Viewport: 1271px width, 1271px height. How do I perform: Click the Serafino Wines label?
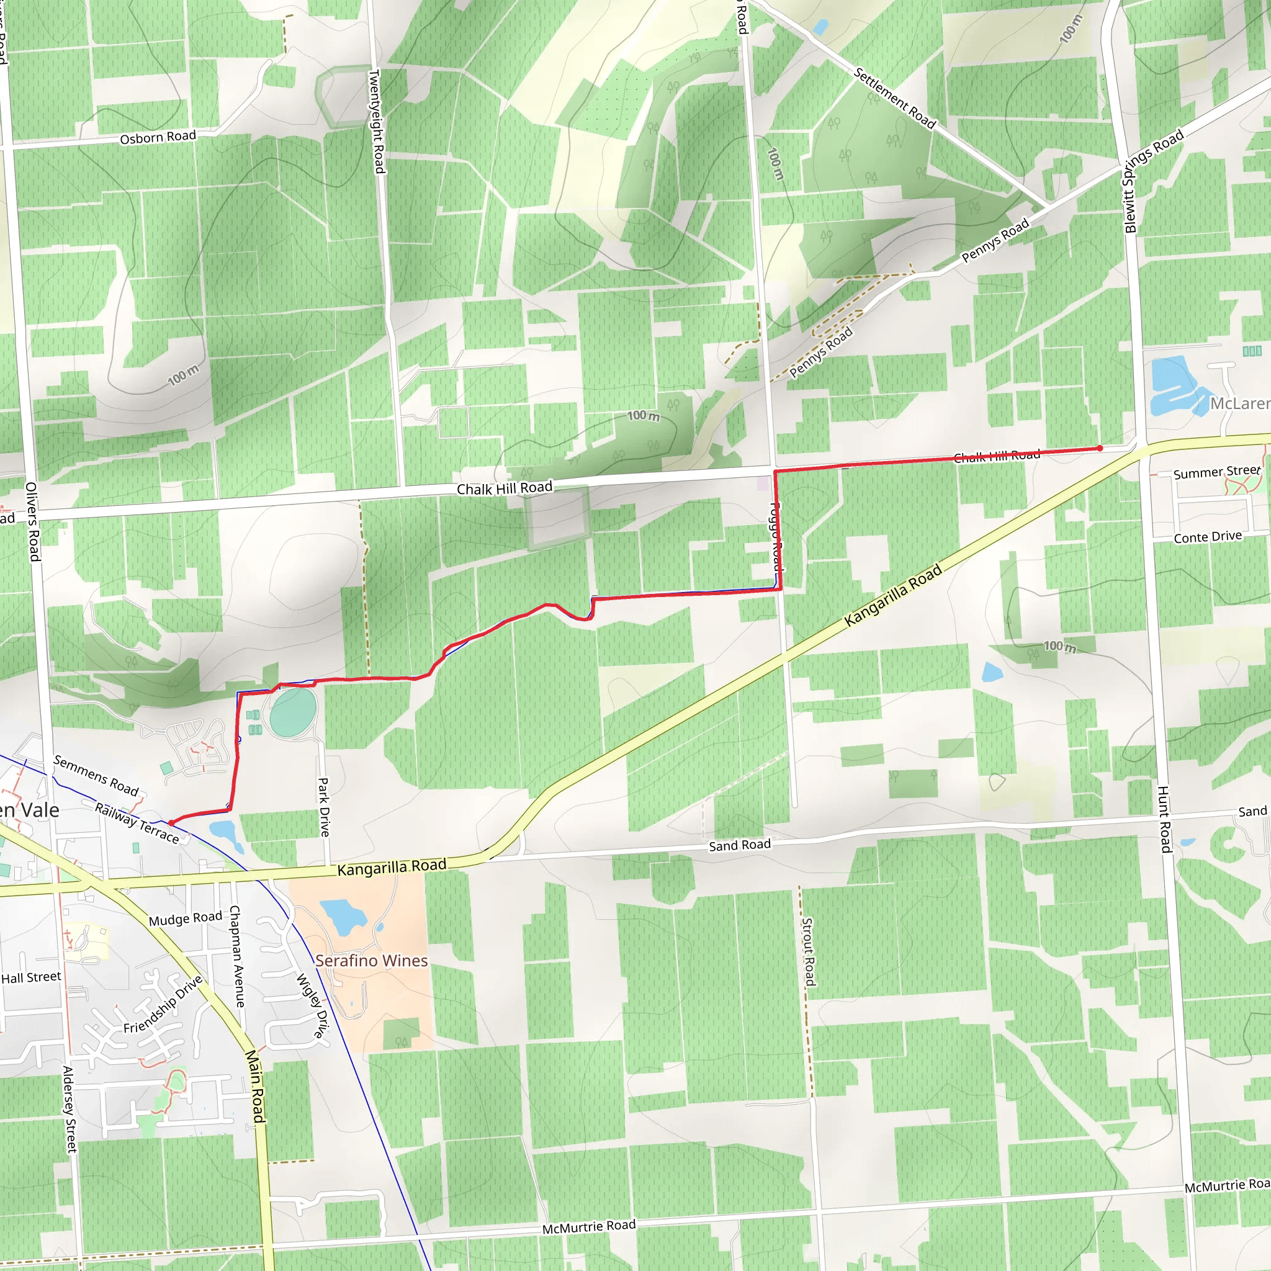[x=371, y=961]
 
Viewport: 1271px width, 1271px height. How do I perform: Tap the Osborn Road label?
[x=158, y=137]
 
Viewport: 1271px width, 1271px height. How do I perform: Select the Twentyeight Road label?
[x=375, y=122]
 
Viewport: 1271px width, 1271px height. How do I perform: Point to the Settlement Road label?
[x=894, y=98]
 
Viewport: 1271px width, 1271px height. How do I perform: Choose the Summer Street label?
[x=1216, y=472]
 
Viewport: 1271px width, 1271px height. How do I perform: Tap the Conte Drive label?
[x=1208, y=537]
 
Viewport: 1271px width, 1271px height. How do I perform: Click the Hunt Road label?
[x=1164, y=819]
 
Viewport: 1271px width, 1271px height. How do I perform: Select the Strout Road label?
[x=809, y=951]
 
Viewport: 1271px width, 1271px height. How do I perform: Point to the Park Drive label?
[x=324, y=807]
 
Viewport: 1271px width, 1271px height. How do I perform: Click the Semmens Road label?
[x=96, y=775]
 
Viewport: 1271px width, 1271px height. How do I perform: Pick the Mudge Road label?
[x=186, y=918]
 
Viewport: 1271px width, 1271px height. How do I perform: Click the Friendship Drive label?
[x=163, y=1005]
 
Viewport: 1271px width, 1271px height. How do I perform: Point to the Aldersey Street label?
[x=69, y=1108]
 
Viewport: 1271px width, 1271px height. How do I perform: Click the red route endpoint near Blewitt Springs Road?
[x=1099, y=449]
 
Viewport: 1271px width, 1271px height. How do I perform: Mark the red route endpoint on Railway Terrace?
[x=171, y=823]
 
